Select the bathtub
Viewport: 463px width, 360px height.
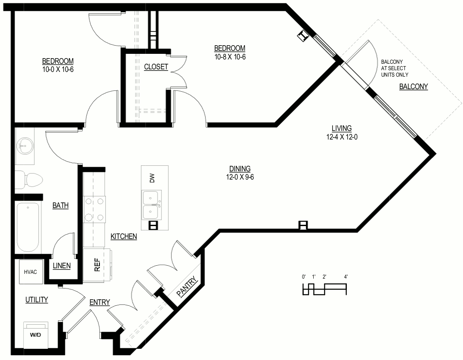[28, 227]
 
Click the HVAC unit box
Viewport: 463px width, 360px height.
[31, 272]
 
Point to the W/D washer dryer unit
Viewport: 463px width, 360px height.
[35, 335]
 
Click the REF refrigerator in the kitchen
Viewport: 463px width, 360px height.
[97, 265]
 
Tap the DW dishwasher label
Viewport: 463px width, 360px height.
[152, 178]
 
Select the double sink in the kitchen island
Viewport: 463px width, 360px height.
[151, 205]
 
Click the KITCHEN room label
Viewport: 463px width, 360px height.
[124, 236]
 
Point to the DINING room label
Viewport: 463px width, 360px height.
[240, 169]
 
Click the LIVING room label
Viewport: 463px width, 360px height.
[342, 128]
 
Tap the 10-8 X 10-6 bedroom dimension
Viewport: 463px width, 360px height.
[230, 57]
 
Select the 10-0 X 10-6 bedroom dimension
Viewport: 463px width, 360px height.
[58, 70]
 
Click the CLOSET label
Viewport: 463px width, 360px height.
[156, 67]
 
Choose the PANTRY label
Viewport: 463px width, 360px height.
[187, 286]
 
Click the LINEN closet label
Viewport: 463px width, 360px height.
[62, 266]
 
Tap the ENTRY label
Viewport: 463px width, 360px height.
[100, 302]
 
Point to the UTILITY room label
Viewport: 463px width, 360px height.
[37, 300]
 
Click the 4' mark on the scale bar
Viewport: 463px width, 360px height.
[346, 277]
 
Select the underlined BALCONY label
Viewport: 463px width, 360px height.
[414, 87]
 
